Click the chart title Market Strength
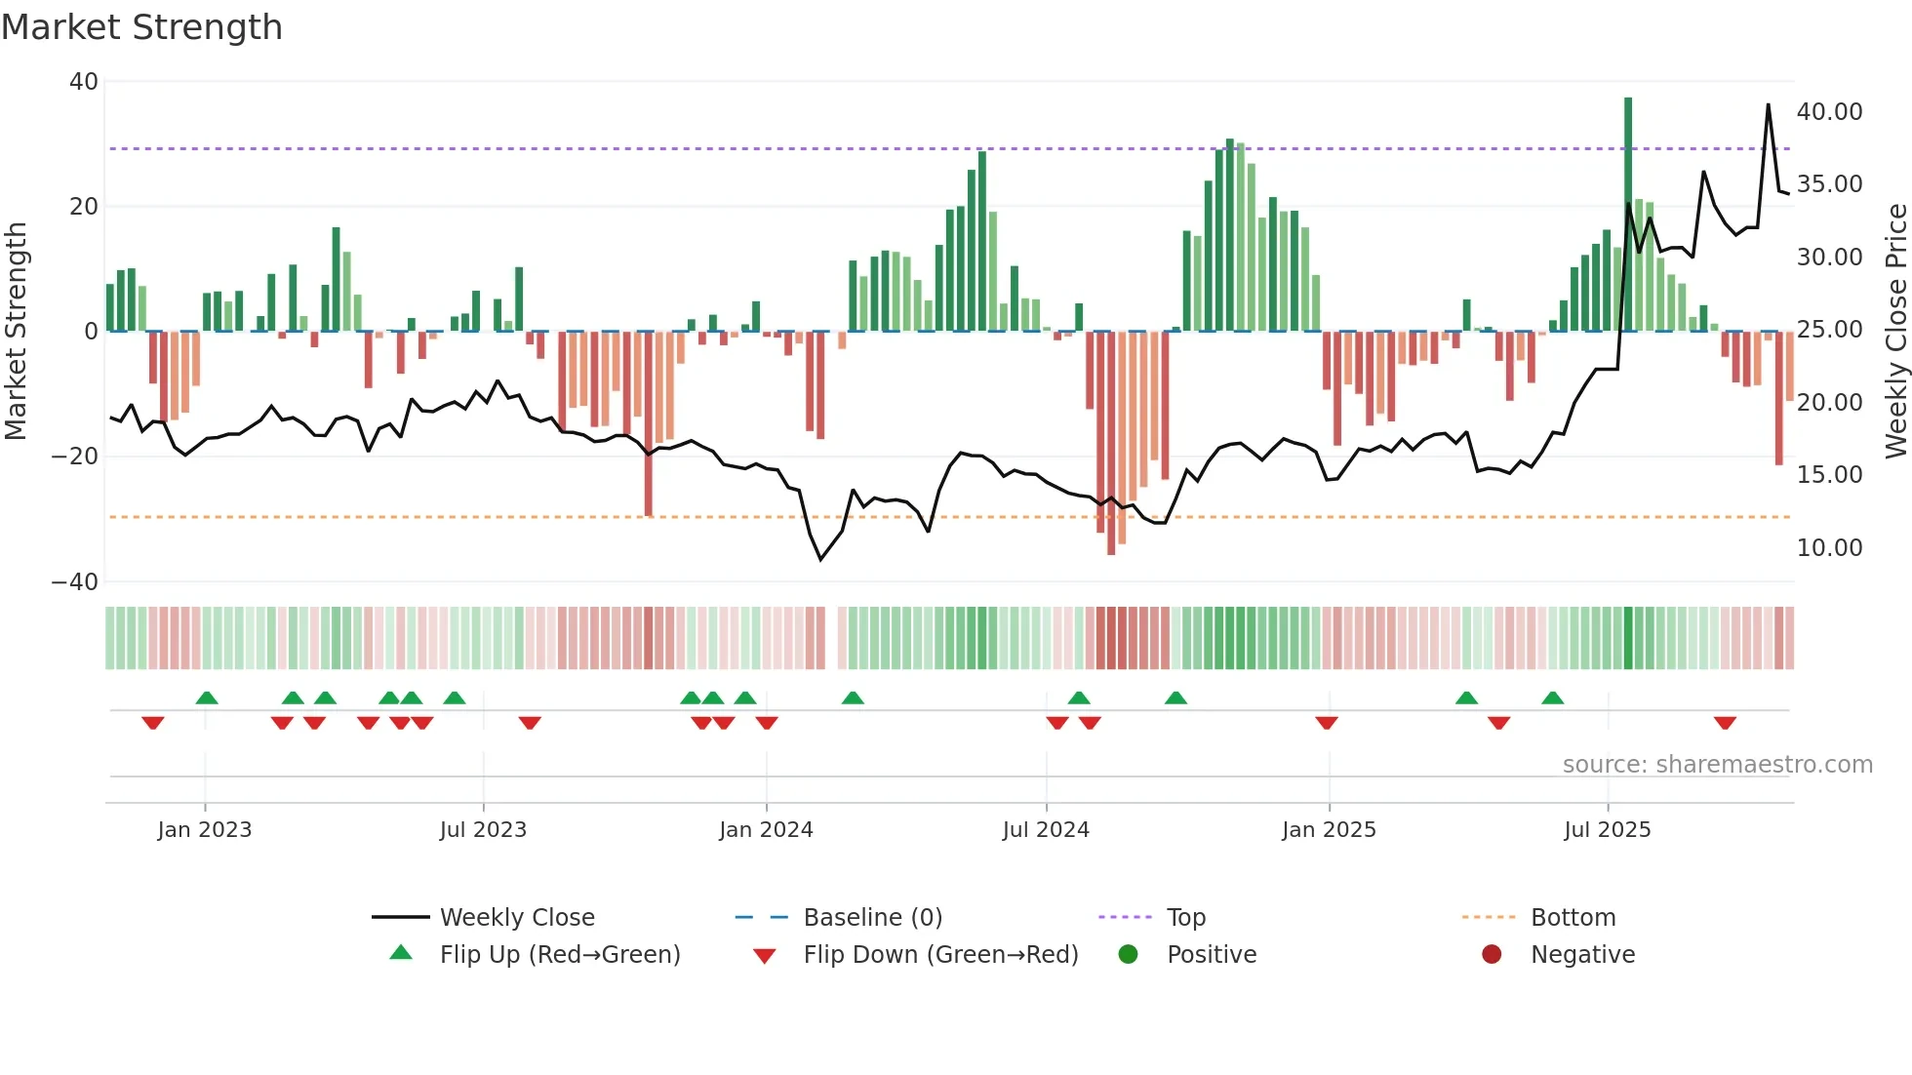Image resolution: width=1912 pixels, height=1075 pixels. pos(141,27)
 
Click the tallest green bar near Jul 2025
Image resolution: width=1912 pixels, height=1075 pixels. pos(1627,215)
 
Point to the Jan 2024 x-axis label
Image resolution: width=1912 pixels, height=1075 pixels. pos(766,829)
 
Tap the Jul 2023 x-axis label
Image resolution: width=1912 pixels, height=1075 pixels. pos(483,829)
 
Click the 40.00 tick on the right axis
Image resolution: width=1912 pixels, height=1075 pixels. pos(1829,111)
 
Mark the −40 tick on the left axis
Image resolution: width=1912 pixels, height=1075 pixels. pos(75,581)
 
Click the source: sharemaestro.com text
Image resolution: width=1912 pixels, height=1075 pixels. pos(1717,764)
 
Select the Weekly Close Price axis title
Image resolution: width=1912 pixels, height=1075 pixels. pos(1895,331)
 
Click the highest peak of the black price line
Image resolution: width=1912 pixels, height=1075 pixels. pos(1768,105)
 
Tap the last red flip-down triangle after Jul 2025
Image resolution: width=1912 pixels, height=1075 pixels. pos(1725,723)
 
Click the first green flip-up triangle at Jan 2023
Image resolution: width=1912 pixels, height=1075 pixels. pos(206,697)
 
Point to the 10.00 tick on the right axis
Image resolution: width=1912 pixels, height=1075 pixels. pos(1829,547)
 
